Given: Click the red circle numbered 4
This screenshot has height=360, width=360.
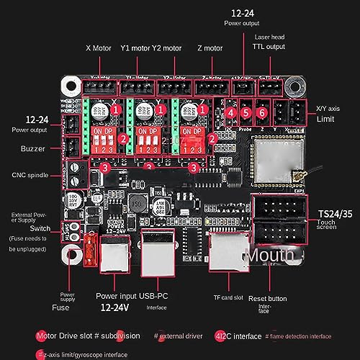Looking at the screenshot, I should click(x=230, y=112).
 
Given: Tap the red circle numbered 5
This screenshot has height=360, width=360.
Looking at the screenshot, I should click(x=246, y=112).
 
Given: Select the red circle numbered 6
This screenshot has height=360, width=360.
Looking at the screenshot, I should click(x=262, y=112).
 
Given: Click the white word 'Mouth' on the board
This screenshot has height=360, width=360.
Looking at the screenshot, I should click(x=271, y=255).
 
